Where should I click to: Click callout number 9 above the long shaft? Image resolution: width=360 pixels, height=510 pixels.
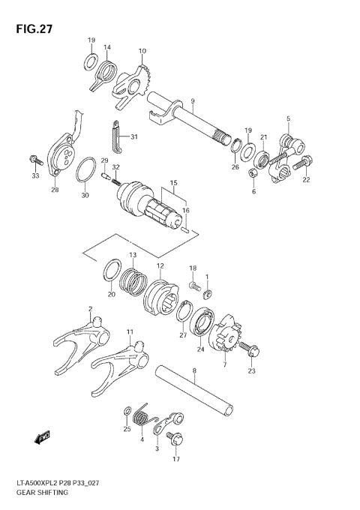(x=193, y=101)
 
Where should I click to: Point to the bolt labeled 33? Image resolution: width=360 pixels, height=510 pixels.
(x=34, y=160)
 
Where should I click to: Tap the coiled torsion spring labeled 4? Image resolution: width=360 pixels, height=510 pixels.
(x=142, y=418)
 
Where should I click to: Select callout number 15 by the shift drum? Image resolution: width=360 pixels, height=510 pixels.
(x=172, y=182)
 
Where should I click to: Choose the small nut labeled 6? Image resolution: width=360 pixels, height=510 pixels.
(x=253, y=174)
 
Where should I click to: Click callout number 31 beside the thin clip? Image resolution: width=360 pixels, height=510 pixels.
(x=133, y=136)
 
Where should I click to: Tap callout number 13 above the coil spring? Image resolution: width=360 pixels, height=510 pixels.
(x=133, y=255)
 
